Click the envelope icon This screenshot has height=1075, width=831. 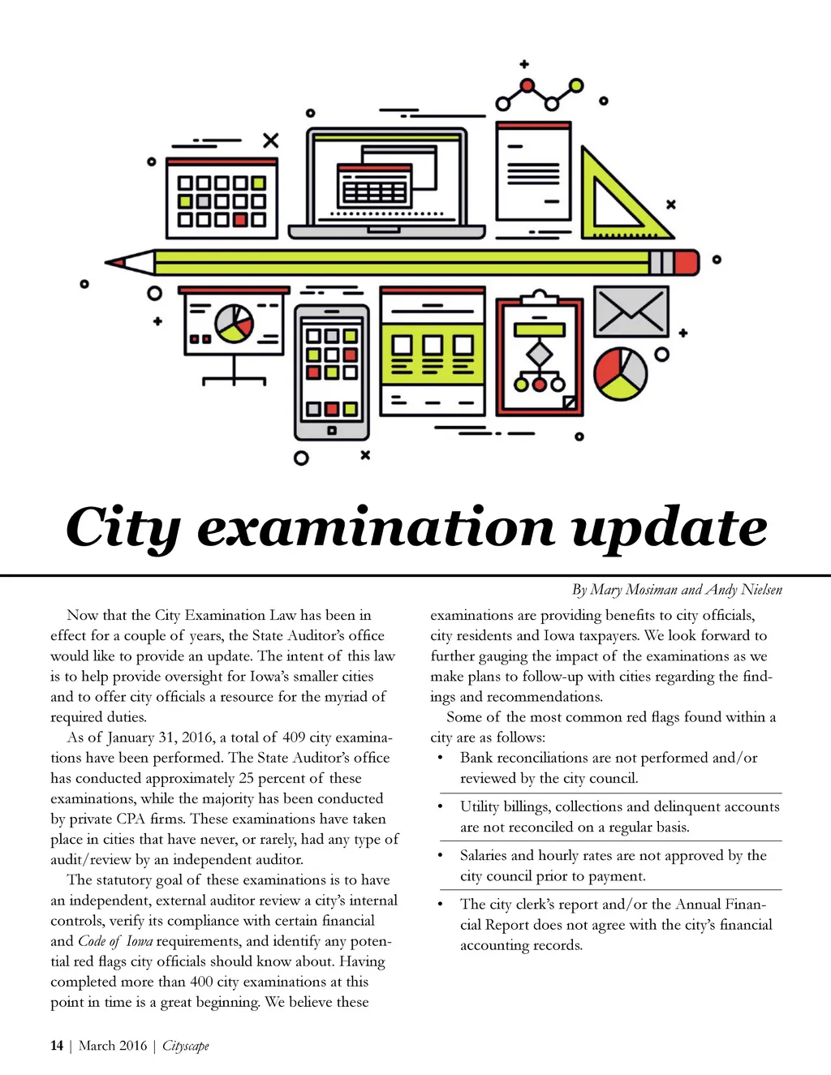tap(631, 312)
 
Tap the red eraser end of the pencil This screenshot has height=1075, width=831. tap(687, 262)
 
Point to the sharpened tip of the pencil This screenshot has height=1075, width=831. tap(114, 262)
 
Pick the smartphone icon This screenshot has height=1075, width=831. tap(331, 372)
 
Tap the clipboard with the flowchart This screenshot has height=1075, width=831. tap(540, 358)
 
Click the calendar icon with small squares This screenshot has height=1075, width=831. tap(222, 198)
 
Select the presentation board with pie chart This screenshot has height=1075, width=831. tap(233, 329)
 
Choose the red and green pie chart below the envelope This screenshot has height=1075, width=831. tap(621, 373)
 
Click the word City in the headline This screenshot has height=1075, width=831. tap(122, 529)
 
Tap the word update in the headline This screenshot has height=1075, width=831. tap(670, 529)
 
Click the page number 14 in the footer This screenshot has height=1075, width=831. tap(57, 1046)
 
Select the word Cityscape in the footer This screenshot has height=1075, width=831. tap(186, 1046)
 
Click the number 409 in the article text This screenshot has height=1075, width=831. tap(294, 737)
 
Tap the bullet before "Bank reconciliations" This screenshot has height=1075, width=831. tap(440, 759)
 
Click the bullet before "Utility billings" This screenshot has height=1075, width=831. tap(440, 807)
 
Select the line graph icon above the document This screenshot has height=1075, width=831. tap(540, 93)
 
